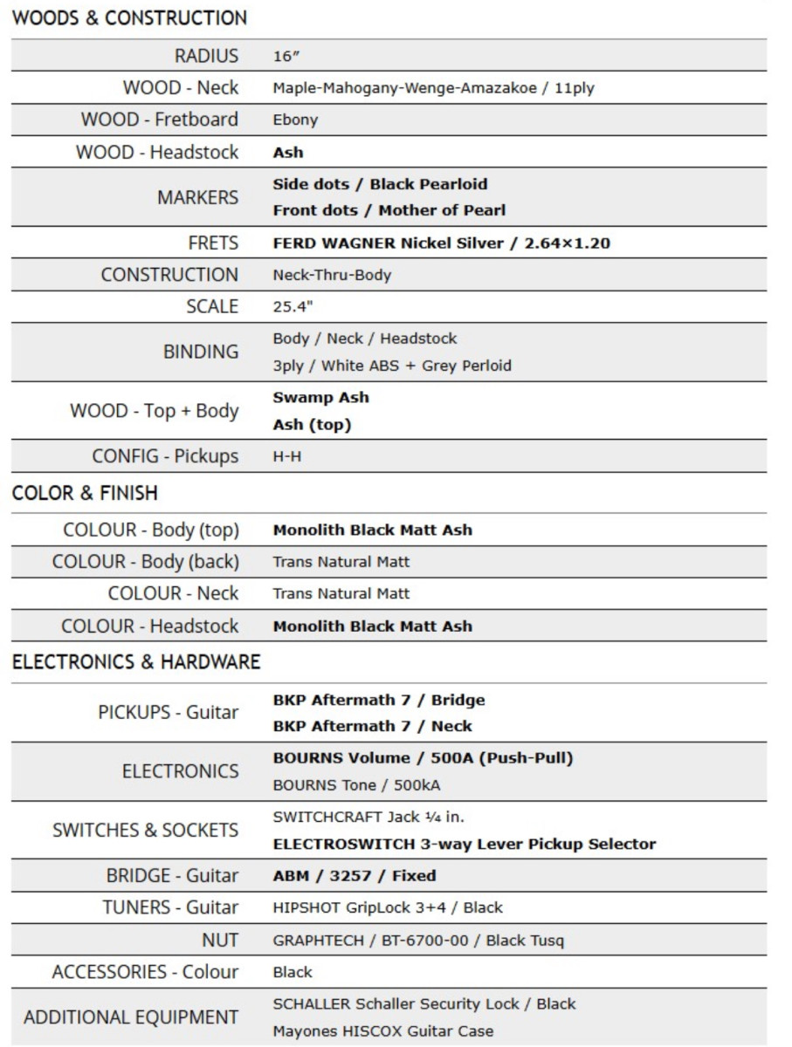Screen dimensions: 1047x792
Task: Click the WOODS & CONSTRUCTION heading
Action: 129,17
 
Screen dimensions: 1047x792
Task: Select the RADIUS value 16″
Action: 286,56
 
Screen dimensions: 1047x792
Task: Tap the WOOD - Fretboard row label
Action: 160,120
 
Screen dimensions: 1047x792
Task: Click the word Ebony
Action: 295,120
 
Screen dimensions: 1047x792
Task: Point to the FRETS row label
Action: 213,243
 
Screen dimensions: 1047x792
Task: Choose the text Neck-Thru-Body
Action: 332,275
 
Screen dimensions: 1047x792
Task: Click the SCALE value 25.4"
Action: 293,307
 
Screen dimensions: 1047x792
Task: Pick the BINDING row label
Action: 201,352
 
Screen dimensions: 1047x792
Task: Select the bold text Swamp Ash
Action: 320,398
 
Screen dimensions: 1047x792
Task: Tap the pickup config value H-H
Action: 287,456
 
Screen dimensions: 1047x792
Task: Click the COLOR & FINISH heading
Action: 85,493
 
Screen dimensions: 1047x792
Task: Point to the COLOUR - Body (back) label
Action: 145,562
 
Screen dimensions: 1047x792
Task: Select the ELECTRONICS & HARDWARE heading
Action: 136,662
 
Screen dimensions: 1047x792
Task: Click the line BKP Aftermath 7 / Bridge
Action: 378,700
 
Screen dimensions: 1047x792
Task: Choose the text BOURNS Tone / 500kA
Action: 356,785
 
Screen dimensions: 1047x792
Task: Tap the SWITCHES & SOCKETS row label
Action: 145,830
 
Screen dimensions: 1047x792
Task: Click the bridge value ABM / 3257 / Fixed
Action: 355,875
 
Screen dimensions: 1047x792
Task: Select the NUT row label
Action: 219,940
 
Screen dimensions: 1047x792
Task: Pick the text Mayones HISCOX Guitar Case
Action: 382,1030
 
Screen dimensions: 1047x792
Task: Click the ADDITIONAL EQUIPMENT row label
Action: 131,1017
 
